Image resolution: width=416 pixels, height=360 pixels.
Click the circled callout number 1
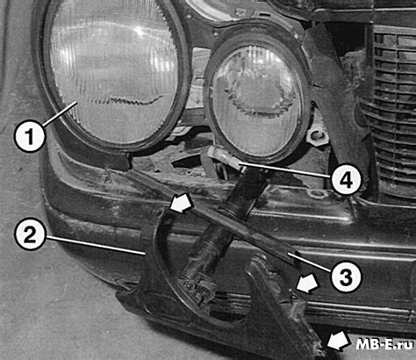[x=30, y=136]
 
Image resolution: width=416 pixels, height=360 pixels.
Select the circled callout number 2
[x=29, y=234]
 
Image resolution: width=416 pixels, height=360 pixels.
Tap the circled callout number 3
[x=346, y=277]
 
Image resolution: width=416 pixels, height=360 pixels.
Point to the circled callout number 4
[x=347, y=178]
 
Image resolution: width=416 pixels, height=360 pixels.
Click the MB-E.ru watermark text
[x=385, y=344]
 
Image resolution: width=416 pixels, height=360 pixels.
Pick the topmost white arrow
[x=182, y=204]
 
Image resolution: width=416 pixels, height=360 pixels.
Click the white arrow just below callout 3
[x=307, y=284]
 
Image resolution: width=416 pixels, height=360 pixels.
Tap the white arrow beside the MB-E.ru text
[x=339, y=341]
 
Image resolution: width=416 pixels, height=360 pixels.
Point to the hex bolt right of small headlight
[x=316, y=136]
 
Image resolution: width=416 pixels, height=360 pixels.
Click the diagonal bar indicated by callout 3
[x=217, y=218]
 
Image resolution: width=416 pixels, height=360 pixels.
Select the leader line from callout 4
[x=286, y=171]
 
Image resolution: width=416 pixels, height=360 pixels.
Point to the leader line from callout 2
[x=95, y=245]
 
